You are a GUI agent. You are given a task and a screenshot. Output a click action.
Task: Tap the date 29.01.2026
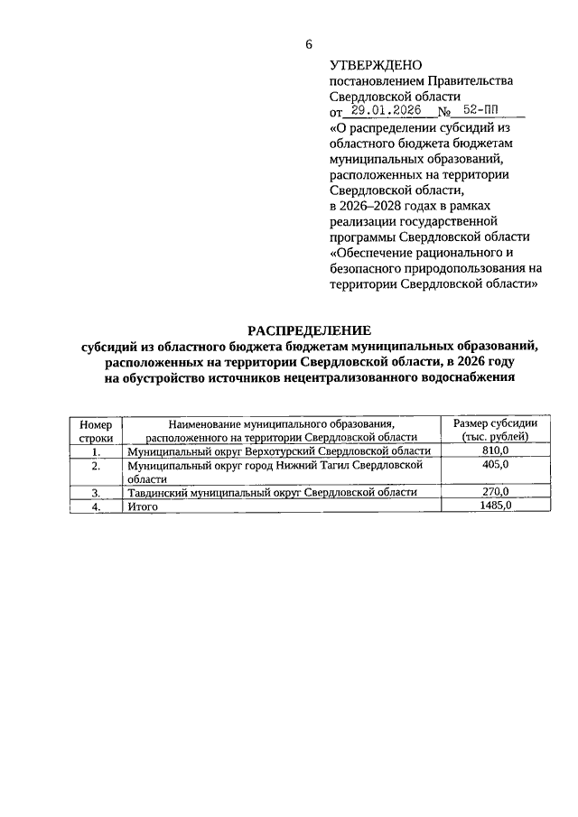click(x=385, y=113)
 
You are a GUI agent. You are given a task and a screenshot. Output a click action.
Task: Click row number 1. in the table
click(x=96, y=451)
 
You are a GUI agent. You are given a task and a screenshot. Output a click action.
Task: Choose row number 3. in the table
click(x=96, y=493)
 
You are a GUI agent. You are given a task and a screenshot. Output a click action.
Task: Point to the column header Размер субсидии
click(x=496, y=423)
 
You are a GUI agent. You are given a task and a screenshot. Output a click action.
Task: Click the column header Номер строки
click(x=96, y=430)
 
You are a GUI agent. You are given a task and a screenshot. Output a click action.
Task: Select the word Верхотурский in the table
click(x=280, y=451)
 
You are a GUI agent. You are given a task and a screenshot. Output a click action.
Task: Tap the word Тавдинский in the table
click(x=159, y=493)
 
